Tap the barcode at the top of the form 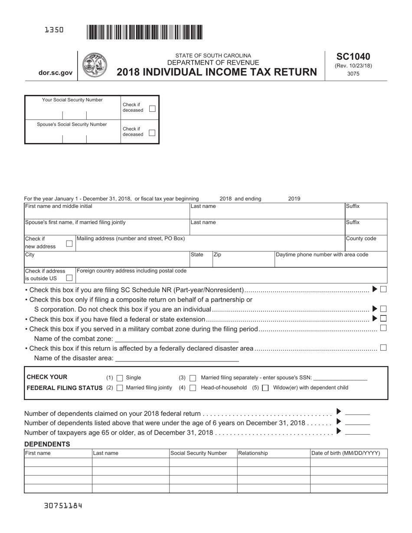click(144, 32)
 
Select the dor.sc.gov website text click(56, 73)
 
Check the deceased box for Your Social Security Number click(152, 108)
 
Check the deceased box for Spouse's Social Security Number click(152, 133)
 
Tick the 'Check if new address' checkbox click(69, 244)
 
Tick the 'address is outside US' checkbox click(69, 277)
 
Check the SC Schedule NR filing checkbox click(383, 289)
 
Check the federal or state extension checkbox click(383, 318)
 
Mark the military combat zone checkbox click(383, 328)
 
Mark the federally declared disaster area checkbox click(383, 348)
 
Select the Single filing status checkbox click(120, 378)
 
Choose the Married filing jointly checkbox click(120, 388)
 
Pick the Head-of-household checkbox click(193, 388)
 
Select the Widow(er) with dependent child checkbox click(265, 388)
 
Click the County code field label click(361, 239)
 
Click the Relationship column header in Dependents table click(253, 453)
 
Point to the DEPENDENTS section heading click(47, 444)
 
